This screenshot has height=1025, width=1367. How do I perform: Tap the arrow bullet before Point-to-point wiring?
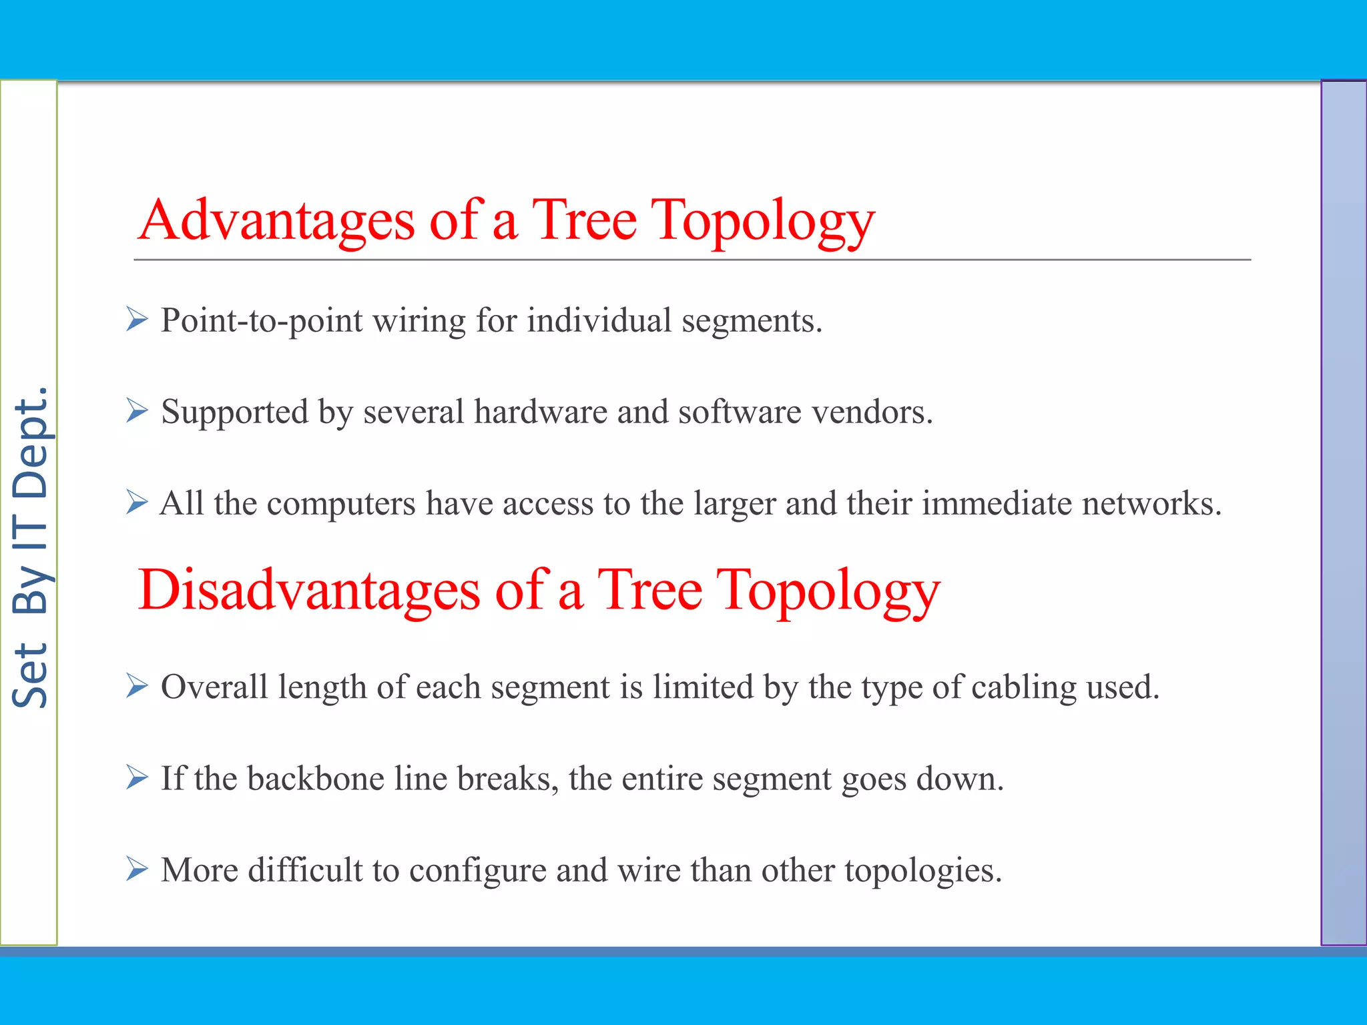point(137,320)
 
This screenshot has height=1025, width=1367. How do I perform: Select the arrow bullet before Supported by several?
point(137,411)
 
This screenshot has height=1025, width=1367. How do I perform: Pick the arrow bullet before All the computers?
point(137,502)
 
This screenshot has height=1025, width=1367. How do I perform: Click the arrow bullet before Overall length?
point(137,686)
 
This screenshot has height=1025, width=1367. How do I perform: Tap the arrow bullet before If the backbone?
point(137,777)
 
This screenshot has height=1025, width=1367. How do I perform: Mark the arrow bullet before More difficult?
point(137,869)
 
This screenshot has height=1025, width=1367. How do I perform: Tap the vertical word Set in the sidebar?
point(30,675)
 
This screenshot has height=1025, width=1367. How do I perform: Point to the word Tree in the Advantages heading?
point(584,222)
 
